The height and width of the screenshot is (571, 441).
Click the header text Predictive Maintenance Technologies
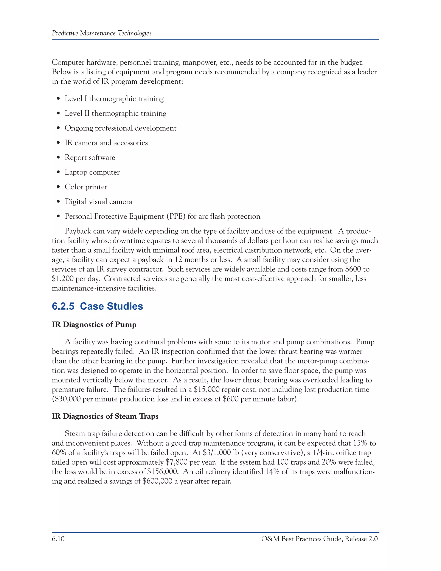pos(101,33)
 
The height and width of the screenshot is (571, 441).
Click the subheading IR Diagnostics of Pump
pos(94,325)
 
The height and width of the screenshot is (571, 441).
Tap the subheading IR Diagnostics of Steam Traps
pos(105,416)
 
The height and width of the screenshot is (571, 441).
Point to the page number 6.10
pos(58,539)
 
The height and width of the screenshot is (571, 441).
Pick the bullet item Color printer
pos(86,187)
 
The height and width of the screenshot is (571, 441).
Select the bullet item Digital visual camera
pos(98,202)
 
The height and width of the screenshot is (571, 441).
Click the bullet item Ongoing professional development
pos(120,128)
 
